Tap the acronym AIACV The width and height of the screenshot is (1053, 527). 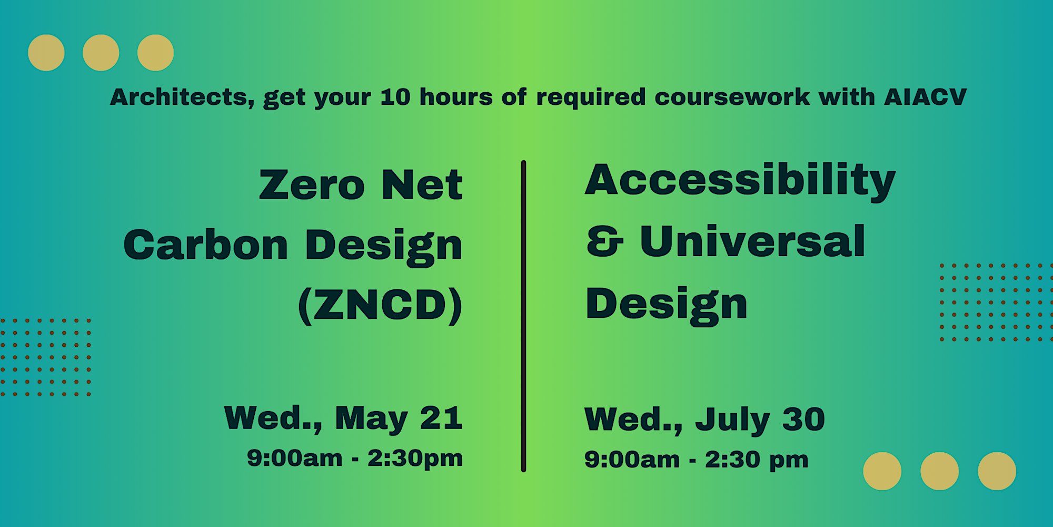[925, 97]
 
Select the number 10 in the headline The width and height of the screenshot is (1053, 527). [395, 97]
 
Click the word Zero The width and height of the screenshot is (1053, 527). [312, 185]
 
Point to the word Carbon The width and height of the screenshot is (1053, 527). [205, 245]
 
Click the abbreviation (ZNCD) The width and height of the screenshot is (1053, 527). [380, 305]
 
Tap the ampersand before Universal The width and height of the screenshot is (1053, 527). [605, 241]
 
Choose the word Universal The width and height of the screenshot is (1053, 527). [752, 241]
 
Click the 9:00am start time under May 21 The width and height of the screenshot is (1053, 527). [295, 458]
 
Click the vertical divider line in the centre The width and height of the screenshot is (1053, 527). [523, 316]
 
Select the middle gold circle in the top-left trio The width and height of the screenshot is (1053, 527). [101, 53]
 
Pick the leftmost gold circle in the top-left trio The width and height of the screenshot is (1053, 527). [46, 53]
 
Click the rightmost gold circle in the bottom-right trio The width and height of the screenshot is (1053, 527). [997, 471]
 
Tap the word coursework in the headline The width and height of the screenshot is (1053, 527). [732, 97]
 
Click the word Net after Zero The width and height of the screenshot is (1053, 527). [422, 185]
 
